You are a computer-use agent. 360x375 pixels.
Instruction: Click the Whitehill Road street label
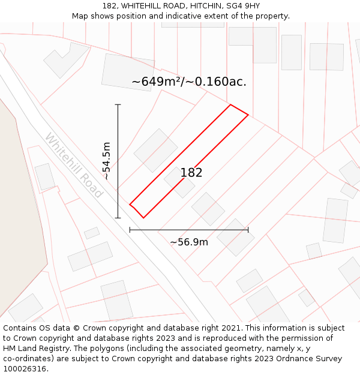74,166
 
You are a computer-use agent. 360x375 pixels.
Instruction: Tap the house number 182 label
191,173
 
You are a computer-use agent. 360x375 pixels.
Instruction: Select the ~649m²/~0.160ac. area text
189,82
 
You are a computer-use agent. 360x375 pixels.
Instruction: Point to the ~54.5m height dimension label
106,161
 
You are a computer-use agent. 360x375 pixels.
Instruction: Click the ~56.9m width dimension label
189,242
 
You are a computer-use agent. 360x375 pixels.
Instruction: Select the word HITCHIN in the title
203,6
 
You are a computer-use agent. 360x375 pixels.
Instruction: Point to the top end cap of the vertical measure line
118,105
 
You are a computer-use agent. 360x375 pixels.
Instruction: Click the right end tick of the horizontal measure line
248,229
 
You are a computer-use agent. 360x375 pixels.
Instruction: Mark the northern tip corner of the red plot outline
231,105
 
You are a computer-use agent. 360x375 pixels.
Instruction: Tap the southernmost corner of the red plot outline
143,218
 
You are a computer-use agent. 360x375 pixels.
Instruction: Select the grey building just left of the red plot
155,150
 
